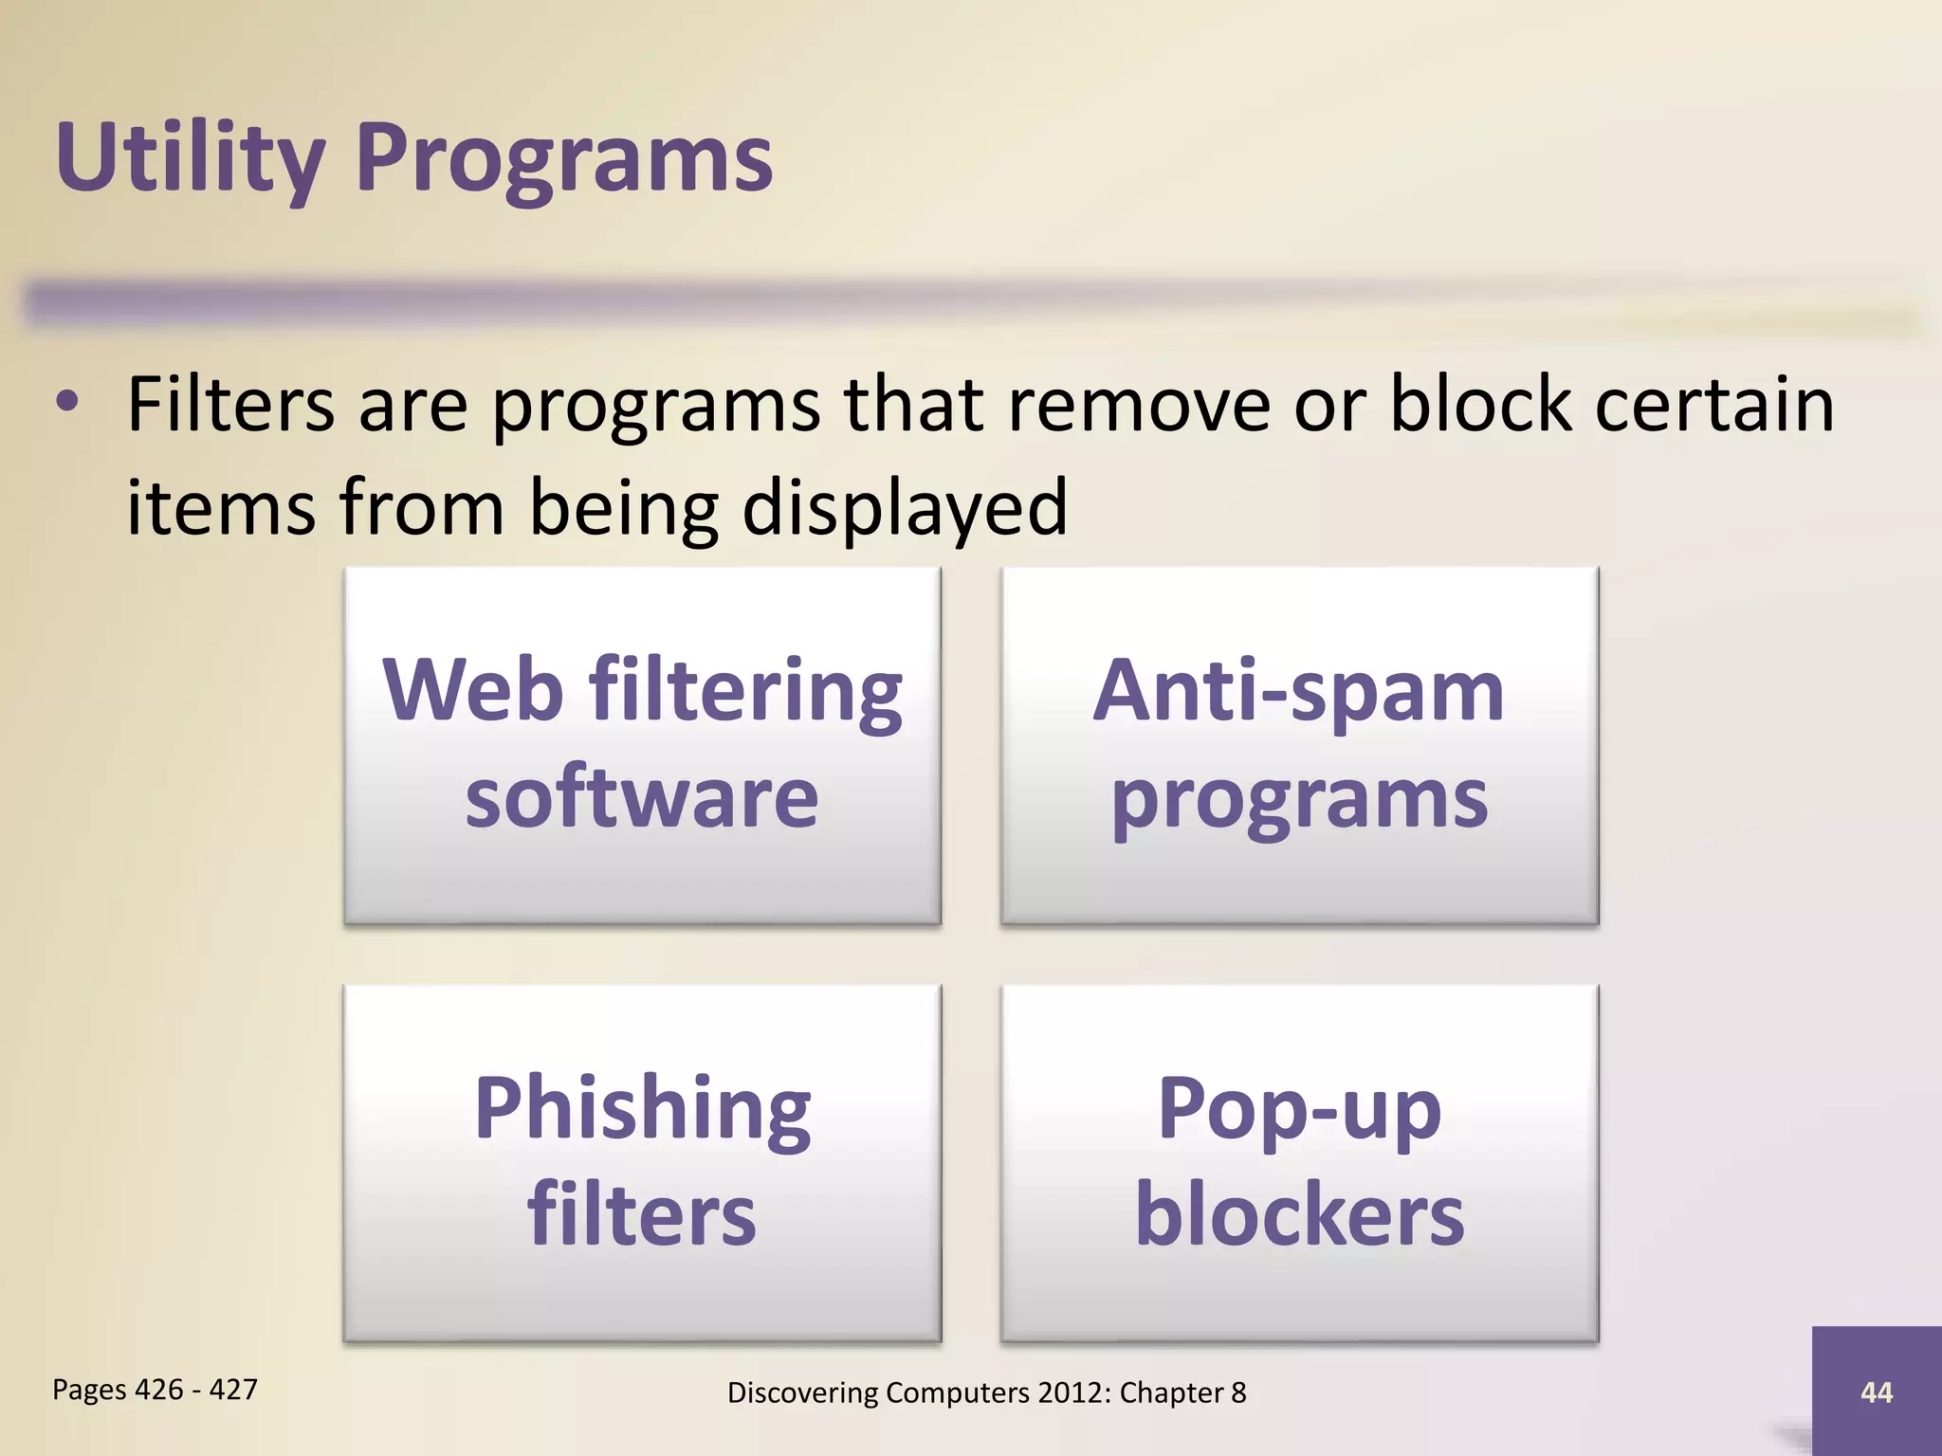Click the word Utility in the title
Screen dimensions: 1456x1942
tap(190, 157)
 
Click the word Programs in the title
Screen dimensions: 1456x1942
tap(564, 157)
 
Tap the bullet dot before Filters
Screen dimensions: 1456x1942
tap(66, 402)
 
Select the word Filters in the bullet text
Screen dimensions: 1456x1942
tap(230, 405)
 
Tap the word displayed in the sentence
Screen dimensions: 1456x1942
tap(905, 507)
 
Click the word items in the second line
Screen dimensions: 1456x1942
tap(221, 507)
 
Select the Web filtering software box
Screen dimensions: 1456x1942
tap(642, 745)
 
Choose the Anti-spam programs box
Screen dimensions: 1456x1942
tap(1299, 745)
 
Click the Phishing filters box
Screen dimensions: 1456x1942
tap(642, 1162)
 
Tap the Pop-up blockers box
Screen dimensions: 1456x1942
tap(1299, 1162)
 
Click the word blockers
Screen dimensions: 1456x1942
tap(1299, 1215)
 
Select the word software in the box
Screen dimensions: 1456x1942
tap(642, 798)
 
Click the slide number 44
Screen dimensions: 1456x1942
tap(1877, 1392)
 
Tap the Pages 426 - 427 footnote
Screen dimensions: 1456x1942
tap(155, 1390)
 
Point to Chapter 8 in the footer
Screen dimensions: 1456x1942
tap(1182, 1392)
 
